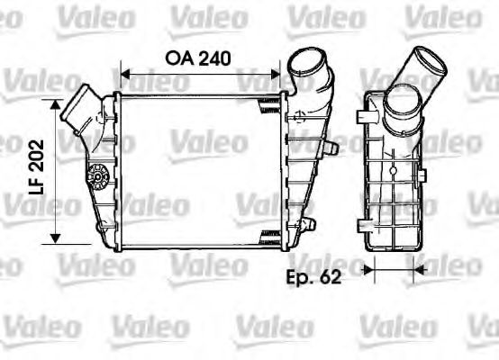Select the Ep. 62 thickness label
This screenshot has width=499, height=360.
coord(313,277)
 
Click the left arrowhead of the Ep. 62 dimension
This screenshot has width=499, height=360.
coord(368,267)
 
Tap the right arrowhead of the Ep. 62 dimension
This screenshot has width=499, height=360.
coord(416,267)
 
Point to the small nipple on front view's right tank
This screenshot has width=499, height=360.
coord(331,144)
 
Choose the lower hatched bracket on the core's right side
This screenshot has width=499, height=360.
coord(268,236)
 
